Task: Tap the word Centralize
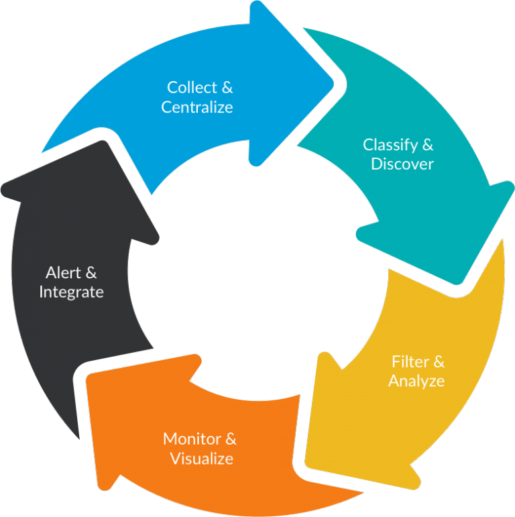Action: (197, 107)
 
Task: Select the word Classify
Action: (388, 145)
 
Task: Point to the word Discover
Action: (402, 164)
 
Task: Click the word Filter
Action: (408, 362)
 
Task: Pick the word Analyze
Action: (416, 382)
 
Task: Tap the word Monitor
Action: (191, 440)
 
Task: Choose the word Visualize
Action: (201, 459)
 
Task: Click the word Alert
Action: (62, 273)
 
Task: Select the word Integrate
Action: (71, 292)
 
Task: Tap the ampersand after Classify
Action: (426, 145)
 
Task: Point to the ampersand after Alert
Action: (91, 273)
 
